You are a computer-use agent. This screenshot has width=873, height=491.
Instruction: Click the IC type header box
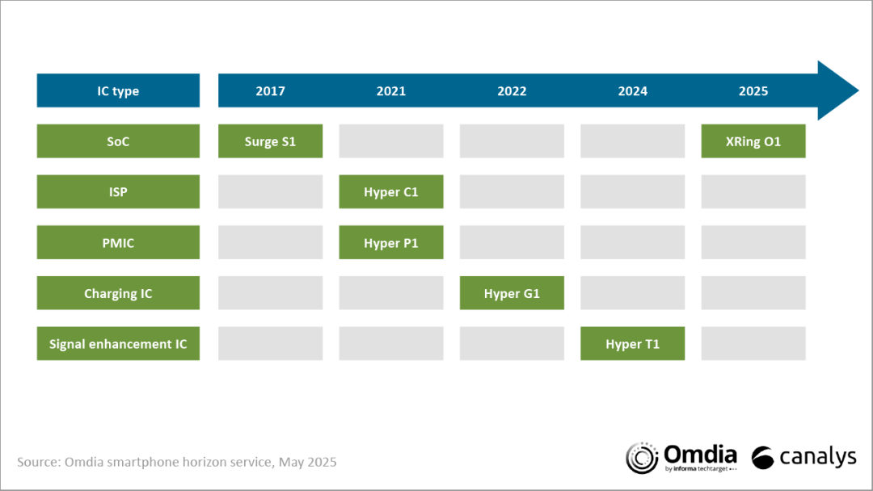click(118, 90)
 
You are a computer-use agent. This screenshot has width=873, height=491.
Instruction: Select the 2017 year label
click(271, 91)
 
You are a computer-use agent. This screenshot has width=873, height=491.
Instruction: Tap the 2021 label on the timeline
click(391, 91)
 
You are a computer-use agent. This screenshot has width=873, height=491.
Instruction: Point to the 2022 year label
click(512, 91)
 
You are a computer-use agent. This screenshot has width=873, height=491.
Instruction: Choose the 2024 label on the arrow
click(632, 91)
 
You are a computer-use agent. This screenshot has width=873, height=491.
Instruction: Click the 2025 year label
click(753, 91)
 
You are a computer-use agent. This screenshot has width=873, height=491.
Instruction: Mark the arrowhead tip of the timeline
click(858, 90)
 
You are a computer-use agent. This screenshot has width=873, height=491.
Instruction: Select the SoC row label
click(118, 141)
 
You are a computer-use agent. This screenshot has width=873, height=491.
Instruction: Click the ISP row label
click(118, 192)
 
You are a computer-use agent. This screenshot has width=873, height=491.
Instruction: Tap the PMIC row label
click(118, 242)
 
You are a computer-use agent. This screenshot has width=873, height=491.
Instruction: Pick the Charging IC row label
click(118, 293)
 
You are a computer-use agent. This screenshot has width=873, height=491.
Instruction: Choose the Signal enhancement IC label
click(118, 344)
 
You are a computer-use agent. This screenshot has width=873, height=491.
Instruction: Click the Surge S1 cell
click(271, 141)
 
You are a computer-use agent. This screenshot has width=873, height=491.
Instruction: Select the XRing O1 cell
click(753, 141)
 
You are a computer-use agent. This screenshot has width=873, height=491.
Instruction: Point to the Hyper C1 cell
click(391, 192)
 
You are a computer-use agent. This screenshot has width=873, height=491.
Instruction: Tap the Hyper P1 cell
click(391, 242)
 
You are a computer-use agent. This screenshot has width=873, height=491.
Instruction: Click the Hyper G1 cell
click(512, 293)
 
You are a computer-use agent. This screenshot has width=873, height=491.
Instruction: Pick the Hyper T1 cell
click(632, 344)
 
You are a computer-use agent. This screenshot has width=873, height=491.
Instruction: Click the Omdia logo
click(681, 458)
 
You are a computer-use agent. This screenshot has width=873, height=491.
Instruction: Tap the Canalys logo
click(804, 458)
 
